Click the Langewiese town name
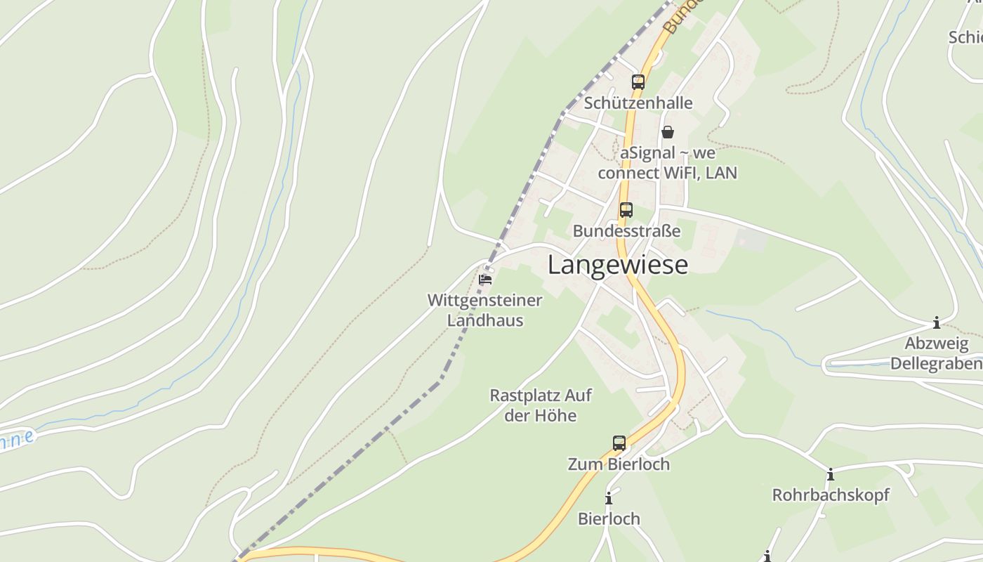[618, 265]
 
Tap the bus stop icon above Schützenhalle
[638, 82]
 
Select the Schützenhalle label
[638, 103]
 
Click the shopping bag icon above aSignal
[668, 132]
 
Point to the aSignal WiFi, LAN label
[668, 163]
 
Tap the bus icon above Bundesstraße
[626, 209]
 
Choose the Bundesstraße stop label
[626, 230]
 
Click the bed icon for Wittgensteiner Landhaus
[484, 280]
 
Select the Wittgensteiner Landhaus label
[485, 311]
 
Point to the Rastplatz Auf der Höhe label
[541, 405]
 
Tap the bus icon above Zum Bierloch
[619, 443]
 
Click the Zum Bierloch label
[619, 464]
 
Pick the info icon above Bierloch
[609, 499]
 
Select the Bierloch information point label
[609, 519]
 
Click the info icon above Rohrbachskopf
[831, 475]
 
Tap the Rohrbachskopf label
[831, 495]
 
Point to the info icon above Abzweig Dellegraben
[936, 323]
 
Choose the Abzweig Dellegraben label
[936, 353]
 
